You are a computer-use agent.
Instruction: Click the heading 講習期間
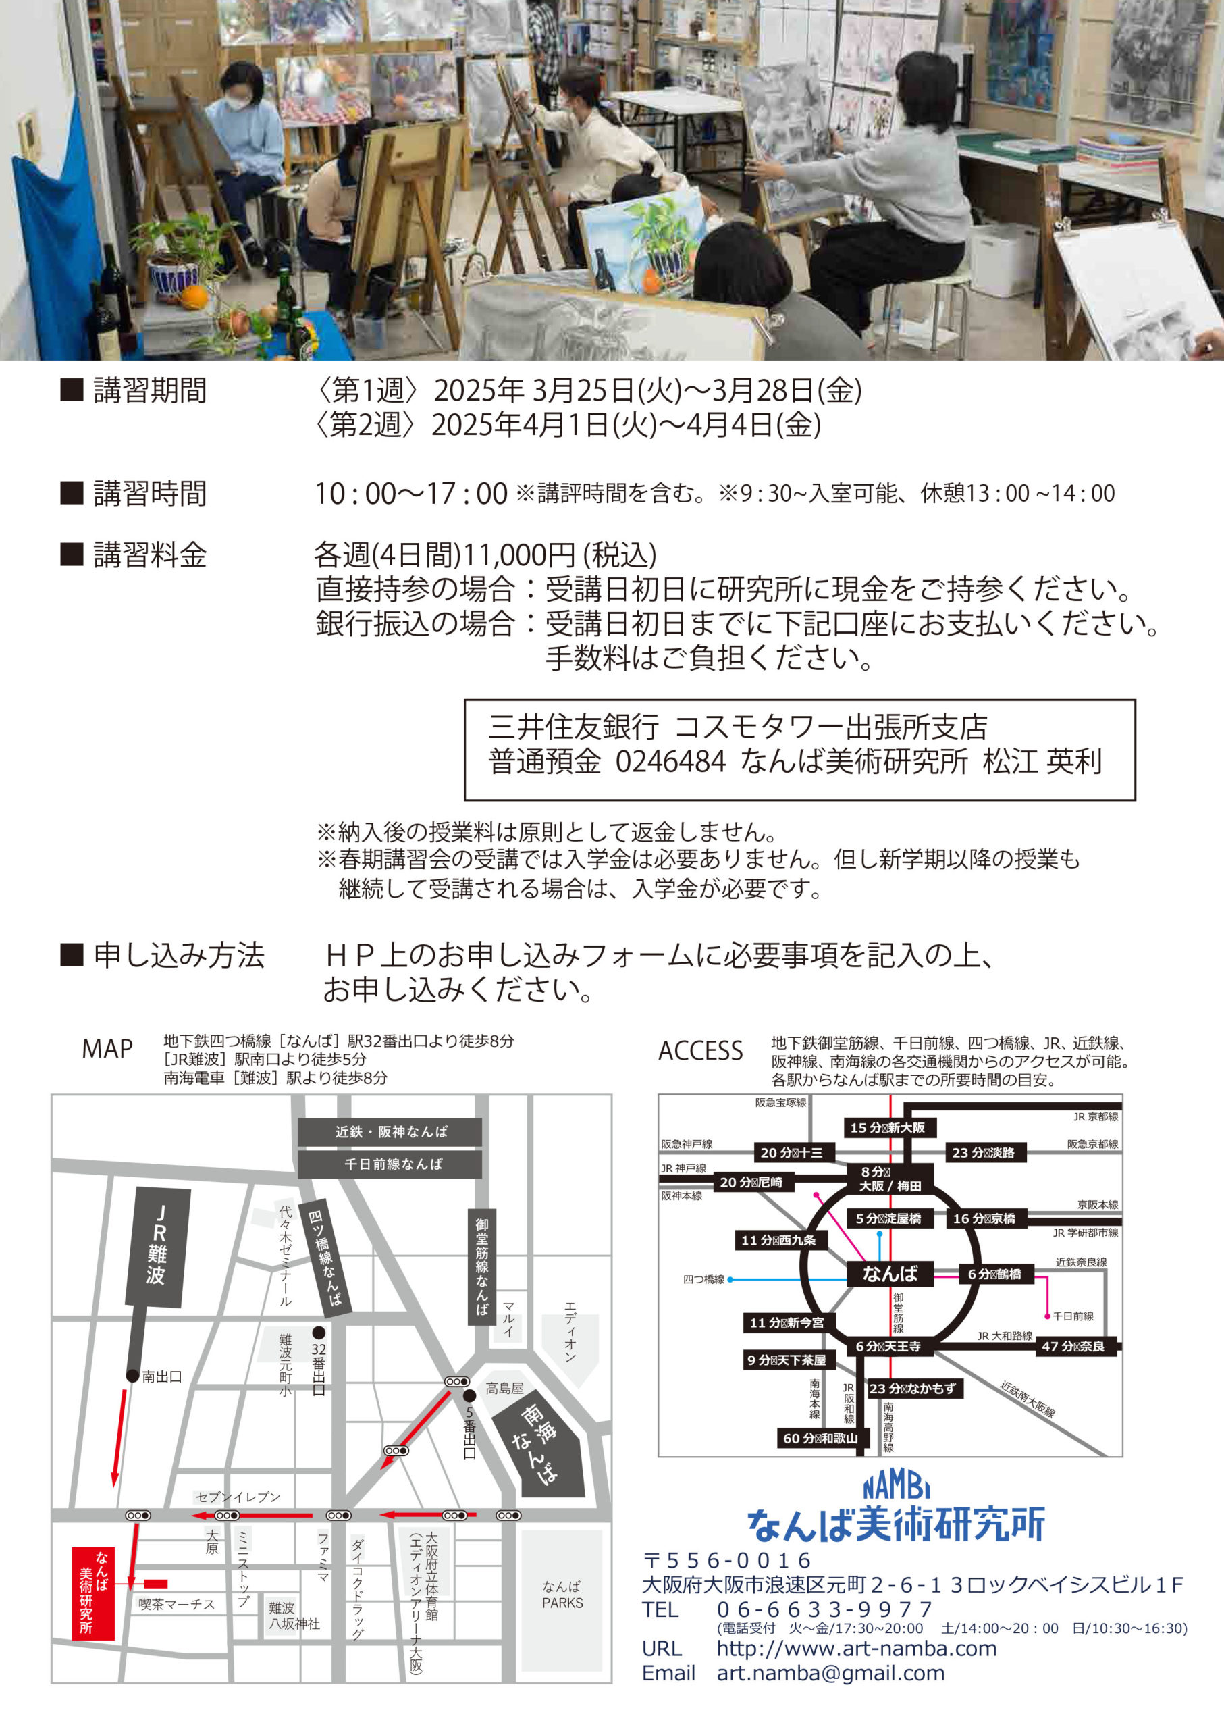click(x=150, y=390)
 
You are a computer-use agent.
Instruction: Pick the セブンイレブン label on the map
click(x=238, y=1497)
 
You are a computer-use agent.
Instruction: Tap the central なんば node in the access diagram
click(x=890, y=1274)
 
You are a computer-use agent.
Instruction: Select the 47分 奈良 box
click(x=1073, y=1347)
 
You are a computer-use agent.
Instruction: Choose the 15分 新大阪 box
click(x=887, y=1127)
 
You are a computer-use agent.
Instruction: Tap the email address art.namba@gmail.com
click(x=830, y=1672)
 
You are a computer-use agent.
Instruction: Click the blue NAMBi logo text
click(x=896, y=1487)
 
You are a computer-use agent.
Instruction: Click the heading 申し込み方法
click(x=179, y=956)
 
